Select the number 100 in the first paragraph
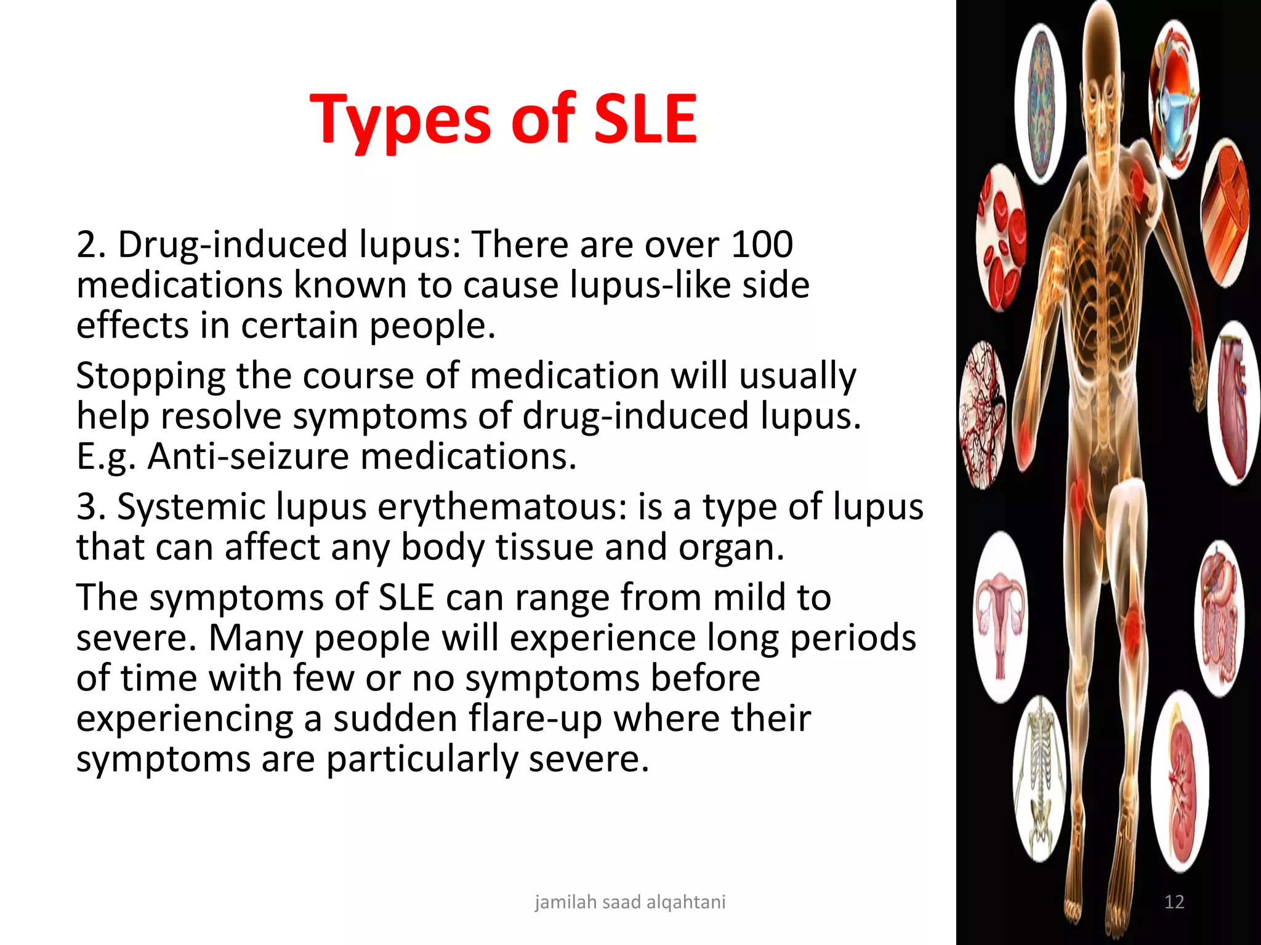coord(762,244)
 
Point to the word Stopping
coord(151,376)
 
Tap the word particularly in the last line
coord(422,759)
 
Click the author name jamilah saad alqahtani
coord(630,902)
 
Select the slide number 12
coord(1174,902)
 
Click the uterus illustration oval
coord(1001,615)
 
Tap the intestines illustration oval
coord(1219,618)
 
